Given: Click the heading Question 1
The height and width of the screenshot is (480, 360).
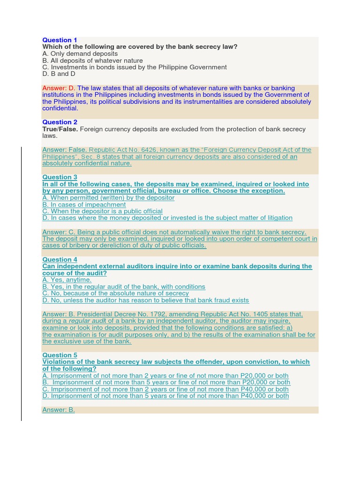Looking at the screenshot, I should click(60, 40).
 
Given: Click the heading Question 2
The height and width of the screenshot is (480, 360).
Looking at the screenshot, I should click(60, 122).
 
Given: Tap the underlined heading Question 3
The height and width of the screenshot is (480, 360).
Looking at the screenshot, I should click(60, 177).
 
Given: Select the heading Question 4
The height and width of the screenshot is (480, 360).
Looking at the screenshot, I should click(60, 260).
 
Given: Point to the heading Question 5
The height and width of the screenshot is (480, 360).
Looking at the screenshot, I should click(60, 355).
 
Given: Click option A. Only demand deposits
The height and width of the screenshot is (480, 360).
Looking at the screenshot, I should click(80, 54).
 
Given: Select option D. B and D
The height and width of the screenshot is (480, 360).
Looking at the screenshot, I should click(59, 74).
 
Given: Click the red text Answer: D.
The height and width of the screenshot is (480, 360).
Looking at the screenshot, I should click(59, 88).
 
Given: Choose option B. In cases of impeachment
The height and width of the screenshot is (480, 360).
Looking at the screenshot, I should click(84, 205).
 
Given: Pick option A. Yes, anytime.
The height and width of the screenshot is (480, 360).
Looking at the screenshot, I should click(67, 280).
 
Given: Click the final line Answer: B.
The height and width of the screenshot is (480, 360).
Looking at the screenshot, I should click(59, 410).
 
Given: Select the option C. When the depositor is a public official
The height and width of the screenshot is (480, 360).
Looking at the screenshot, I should click(102, 211).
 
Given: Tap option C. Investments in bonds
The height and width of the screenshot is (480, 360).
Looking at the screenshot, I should click(135, 67).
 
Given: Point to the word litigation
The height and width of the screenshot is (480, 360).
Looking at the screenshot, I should click(278, 218).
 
